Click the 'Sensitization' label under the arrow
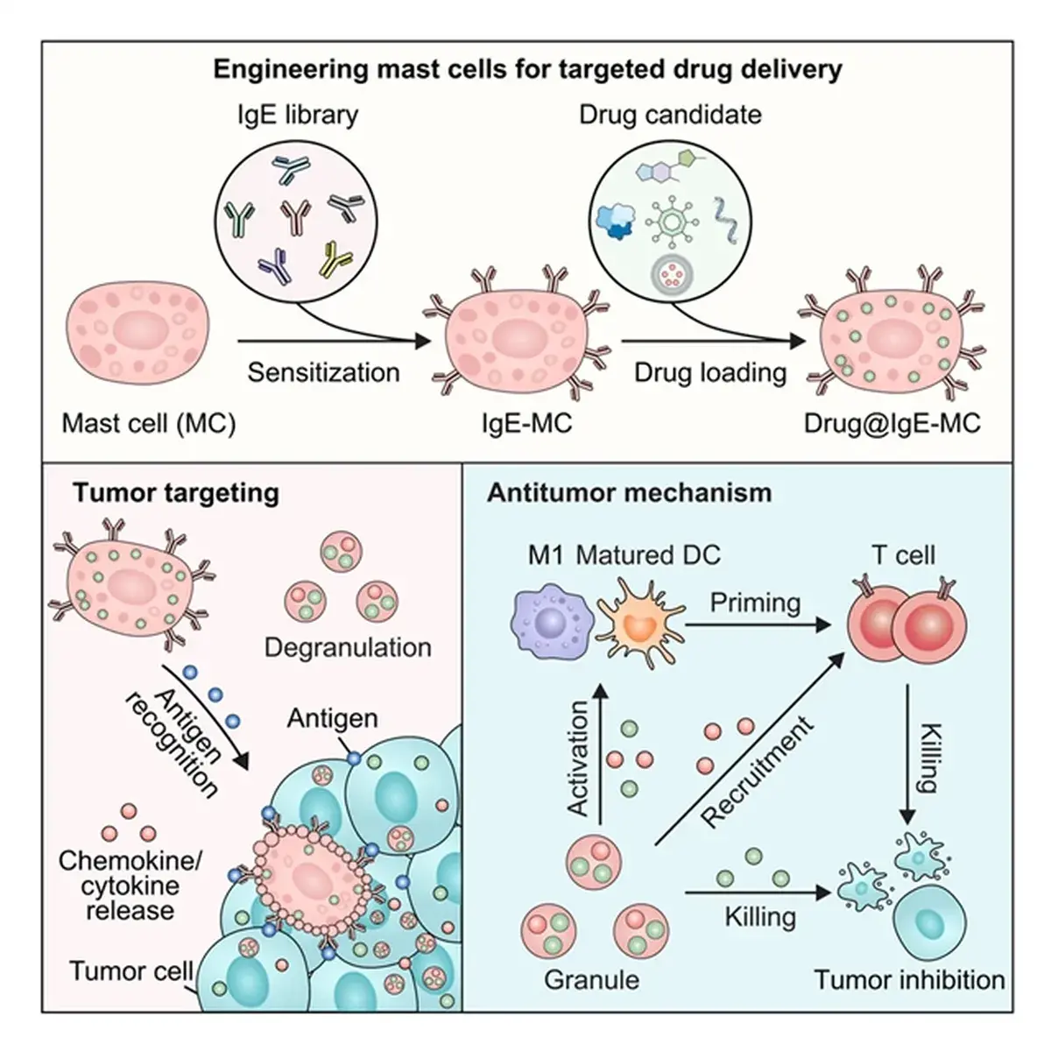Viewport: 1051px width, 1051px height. (x=323, y=372)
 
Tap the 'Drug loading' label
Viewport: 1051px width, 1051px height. (x=710, y=372)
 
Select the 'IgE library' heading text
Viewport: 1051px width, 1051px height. (x=299, y=115)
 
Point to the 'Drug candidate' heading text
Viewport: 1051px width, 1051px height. (x=670, y=115)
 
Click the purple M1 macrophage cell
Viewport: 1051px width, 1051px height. (x=551, y=623)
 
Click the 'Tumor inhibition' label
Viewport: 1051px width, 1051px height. (x=909, y=978)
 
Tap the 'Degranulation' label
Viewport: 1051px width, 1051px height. (x=348, y=647)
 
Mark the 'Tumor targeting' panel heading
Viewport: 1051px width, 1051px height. (x=176, y=492)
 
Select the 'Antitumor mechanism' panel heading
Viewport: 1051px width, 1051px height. (x=629, y=492)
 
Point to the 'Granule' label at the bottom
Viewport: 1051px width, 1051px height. (x=592, y=978)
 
